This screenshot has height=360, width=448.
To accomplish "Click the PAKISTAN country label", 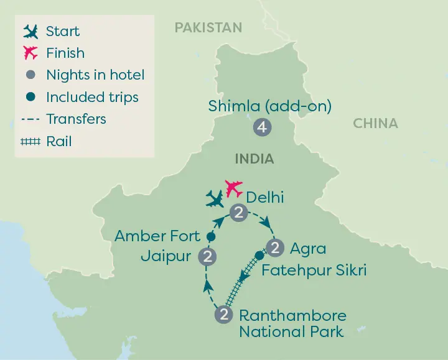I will coord(208,27).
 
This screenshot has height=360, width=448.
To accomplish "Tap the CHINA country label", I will coord(375,124).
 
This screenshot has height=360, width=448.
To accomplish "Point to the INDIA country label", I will coord(254,159).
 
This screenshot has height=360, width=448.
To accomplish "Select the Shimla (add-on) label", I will coord(270,106).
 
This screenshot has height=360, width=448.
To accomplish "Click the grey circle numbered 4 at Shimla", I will coord(261,128).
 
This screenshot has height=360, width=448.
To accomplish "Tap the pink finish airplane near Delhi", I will coord(233,187).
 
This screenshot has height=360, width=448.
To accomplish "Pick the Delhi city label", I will coord(265,198).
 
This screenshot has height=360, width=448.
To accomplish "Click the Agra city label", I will coord(307,249).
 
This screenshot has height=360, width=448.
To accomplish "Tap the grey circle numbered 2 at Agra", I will coord(274,247).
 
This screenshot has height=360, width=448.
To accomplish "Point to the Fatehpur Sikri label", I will coord(314,270).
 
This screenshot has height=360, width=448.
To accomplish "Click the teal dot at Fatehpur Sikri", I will coord(259,255).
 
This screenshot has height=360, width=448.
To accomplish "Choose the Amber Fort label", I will coord(157,236).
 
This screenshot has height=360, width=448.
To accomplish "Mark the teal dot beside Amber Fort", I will coord(210,237).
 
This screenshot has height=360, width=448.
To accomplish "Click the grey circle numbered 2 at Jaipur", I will coord(208,256).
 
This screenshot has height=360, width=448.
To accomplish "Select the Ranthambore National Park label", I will coord(292,323).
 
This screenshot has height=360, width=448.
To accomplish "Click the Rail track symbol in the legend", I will coord(29,142).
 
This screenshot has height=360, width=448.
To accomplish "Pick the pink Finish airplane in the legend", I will coord(29,53).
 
